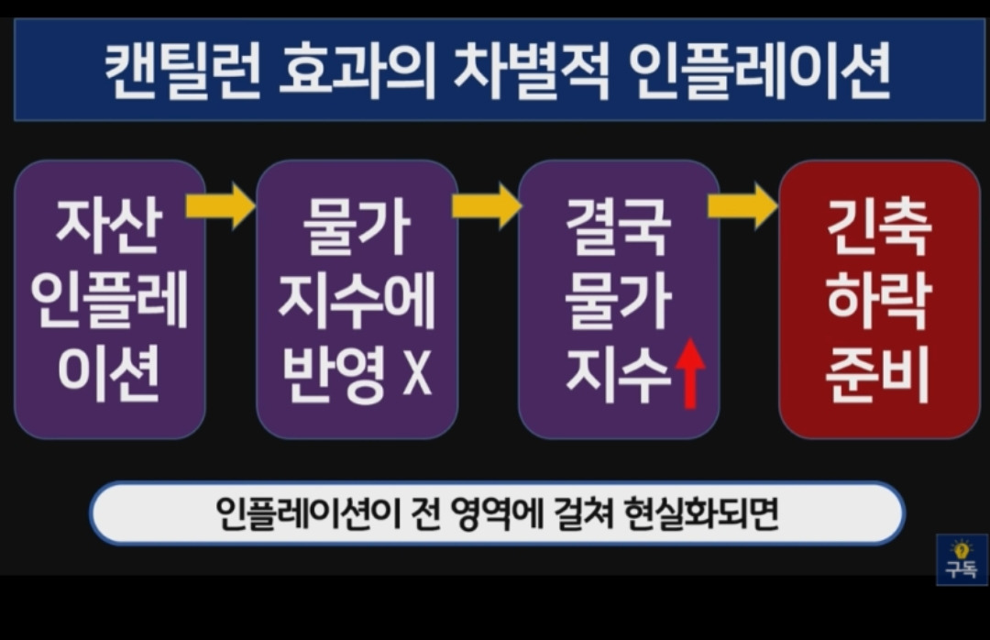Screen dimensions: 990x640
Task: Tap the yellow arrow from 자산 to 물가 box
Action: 220,205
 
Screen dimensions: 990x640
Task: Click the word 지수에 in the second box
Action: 357,303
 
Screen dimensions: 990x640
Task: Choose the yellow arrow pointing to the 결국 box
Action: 487,205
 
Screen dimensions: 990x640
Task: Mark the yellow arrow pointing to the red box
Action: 742,205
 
